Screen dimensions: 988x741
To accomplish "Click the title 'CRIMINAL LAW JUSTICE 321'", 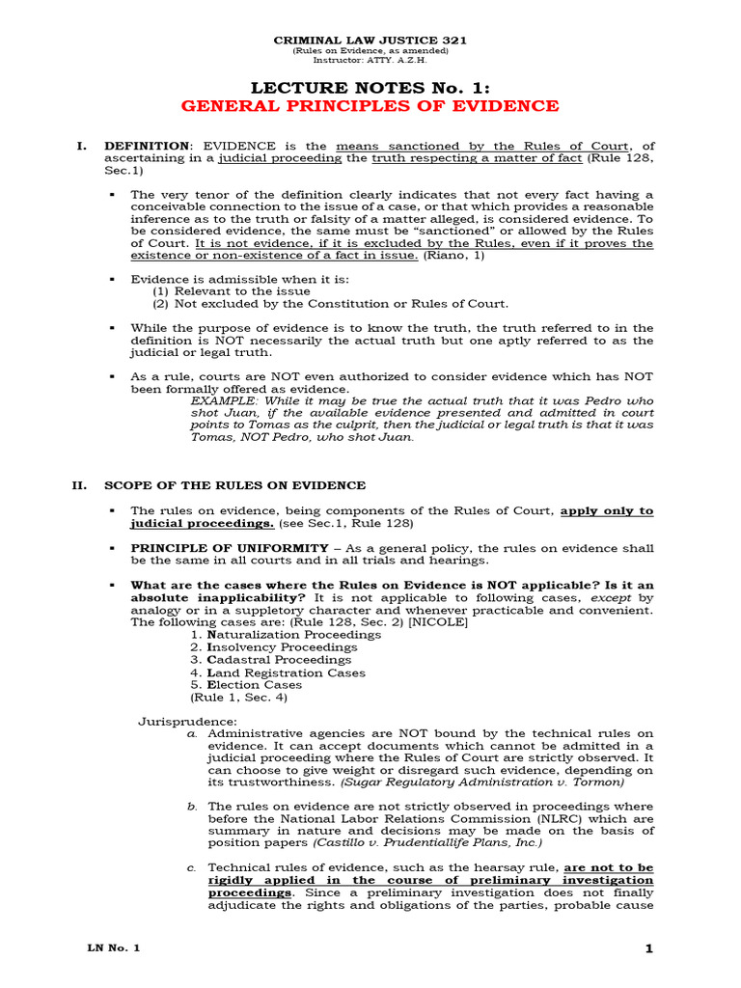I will click(x=370, y=40).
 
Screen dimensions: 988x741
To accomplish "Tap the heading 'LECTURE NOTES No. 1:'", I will click(x=370, y=86).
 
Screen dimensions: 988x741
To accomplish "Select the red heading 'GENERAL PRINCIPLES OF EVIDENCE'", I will click(x=370, y=106).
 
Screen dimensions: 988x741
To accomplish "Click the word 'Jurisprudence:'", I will click(x=181, y=722).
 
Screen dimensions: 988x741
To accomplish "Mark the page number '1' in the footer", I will click(x=649, y=949).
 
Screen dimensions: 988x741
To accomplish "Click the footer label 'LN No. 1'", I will click(x=113, y=948).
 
